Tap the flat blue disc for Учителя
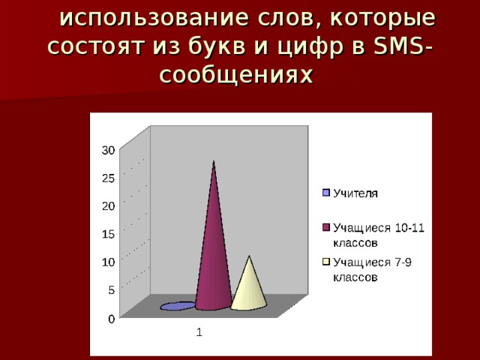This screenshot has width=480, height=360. pyautogui.click(x=178, y=306)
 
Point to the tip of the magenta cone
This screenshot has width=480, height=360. pyautogui.click(x=213, y=160)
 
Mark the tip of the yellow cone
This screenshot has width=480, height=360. pyautogui.click(x=249, y=256)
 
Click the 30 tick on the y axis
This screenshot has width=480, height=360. pyautogui.click(x=108, y=150)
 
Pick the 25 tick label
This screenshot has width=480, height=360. pyautogui.click(x=108, y=178)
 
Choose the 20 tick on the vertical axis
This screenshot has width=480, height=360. pyautogui.click(x=108, y=206)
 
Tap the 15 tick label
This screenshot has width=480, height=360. pyautogui.click(x=108, y=234)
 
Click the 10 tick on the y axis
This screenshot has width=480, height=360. pyautogui.click(x=108, y=262)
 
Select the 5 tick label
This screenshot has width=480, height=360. pyautogui.click(x=112, y=290)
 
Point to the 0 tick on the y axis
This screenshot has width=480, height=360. pyautogui.click(x=112, y=319)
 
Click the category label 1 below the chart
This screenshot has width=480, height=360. pyautogui.click(x=199, y=332)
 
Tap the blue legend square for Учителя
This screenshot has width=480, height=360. pyautogui.click(x=326, y=193)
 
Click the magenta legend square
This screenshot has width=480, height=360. pyautogui.click(x=326, y=227)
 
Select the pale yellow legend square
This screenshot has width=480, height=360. pyautogui.click(x=326, y=262)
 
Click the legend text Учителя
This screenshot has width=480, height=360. pyautogui.click(x=355, y=193)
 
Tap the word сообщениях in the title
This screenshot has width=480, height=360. pyautogui.click(x=236, y=74)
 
